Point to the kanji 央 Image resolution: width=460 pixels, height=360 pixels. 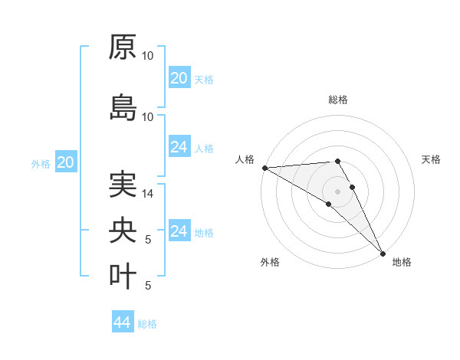tap(123, 231)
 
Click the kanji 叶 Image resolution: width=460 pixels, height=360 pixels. tap(123, 276)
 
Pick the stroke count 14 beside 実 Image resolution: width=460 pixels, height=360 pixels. tap(149, 194)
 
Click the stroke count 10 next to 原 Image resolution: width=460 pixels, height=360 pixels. tap(148, 56)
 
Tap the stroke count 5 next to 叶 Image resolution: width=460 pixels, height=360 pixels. tap(149, 286)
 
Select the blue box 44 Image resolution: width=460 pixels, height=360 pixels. tap(123, 322)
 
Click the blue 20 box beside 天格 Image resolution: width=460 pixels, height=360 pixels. tap(179, 78)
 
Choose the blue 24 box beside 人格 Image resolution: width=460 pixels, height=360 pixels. tap(179, 147)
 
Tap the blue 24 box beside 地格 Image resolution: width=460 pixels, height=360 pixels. tap(179, 231)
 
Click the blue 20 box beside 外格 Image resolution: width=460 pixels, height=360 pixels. tap(66, 162)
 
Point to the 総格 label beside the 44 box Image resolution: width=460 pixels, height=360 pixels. tap(148, 324)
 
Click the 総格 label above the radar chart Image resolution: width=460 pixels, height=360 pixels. tap(338, 100)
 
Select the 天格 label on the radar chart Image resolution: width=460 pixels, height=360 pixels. tap(432, 159)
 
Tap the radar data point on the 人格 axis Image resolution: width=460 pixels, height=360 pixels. tap(264, 167)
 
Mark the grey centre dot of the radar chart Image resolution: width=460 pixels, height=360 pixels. tap(337, 191)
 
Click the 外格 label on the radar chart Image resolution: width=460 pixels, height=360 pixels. tap(270, 262)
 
